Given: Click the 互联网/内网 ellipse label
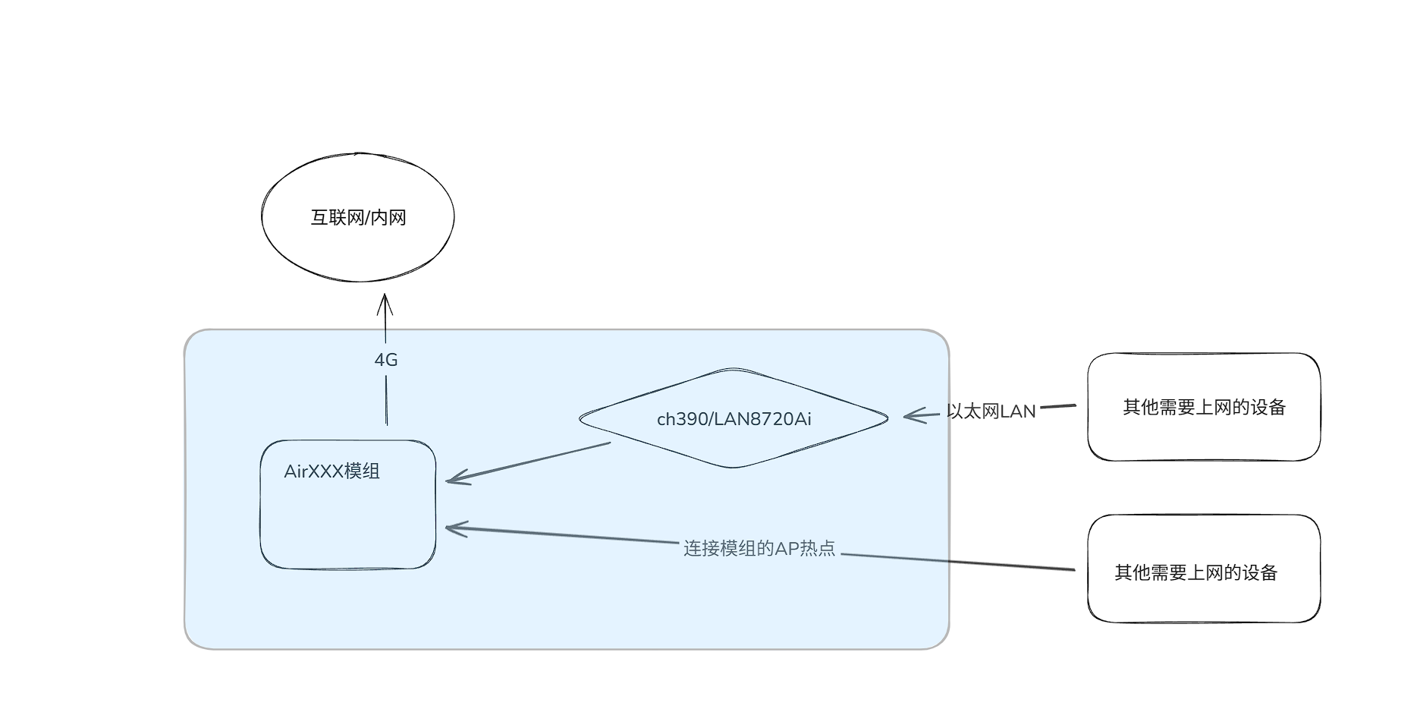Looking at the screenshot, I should (x=358, y=218).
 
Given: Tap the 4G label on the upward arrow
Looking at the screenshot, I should (x=386, y=360).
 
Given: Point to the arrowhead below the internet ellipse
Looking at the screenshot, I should (x=385, y=301).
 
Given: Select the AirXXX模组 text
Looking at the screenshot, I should (x=331, y=471).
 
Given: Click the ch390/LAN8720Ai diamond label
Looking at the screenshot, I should (x=734, y=419).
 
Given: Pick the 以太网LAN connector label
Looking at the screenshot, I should (x=991, y=411).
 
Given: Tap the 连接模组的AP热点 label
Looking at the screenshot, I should (x=759, y=548).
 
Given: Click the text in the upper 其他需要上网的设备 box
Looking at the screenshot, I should (x=1204, y=408).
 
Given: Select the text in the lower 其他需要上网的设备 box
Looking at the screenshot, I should (x=1195, y=572).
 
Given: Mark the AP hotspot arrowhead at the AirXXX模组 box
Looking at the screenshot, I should (x=451, y=528).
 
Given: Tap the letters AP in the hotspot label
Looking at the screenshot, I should (x=787, y=548).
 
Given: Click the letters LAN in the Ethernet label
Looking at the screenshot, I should (x=1018, y=411).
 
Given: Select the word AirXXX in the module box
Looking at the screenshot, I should (x=313, y=471).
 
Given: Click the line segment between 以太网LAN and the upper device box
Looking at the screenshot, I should (x=1057, y=407).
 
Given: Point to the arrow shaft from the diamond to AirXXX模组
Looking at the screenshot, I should (x=531, y=462).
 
